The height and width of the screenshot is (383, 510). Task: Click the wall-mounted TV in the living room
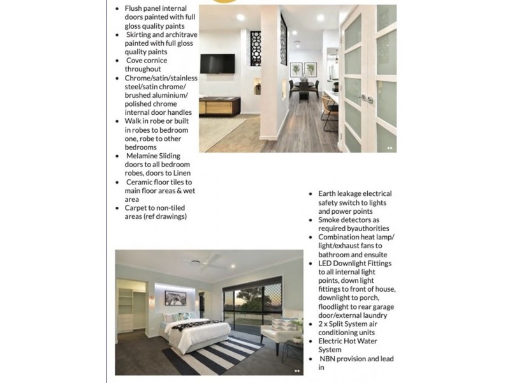point(217,63)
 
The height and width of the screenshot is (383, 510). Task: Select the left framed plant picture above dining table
point(296,70)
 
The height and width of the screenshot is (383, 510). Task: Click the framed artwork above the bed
point(174,297)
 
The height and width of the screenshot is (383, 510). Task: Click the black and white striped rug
point(214,354)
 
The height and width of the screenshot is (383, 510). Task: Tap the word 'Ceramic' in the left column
point(140,182)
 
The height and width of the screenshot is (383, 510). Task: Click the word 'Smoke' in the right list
point(331,220)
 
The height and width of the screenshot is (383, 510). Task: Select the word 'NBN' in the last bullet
point(330,359)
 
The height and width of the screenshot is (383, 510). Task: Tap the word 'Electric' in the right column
point(333,342)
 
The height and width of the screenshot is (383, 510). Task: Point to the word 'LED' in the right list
point(326,263)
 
